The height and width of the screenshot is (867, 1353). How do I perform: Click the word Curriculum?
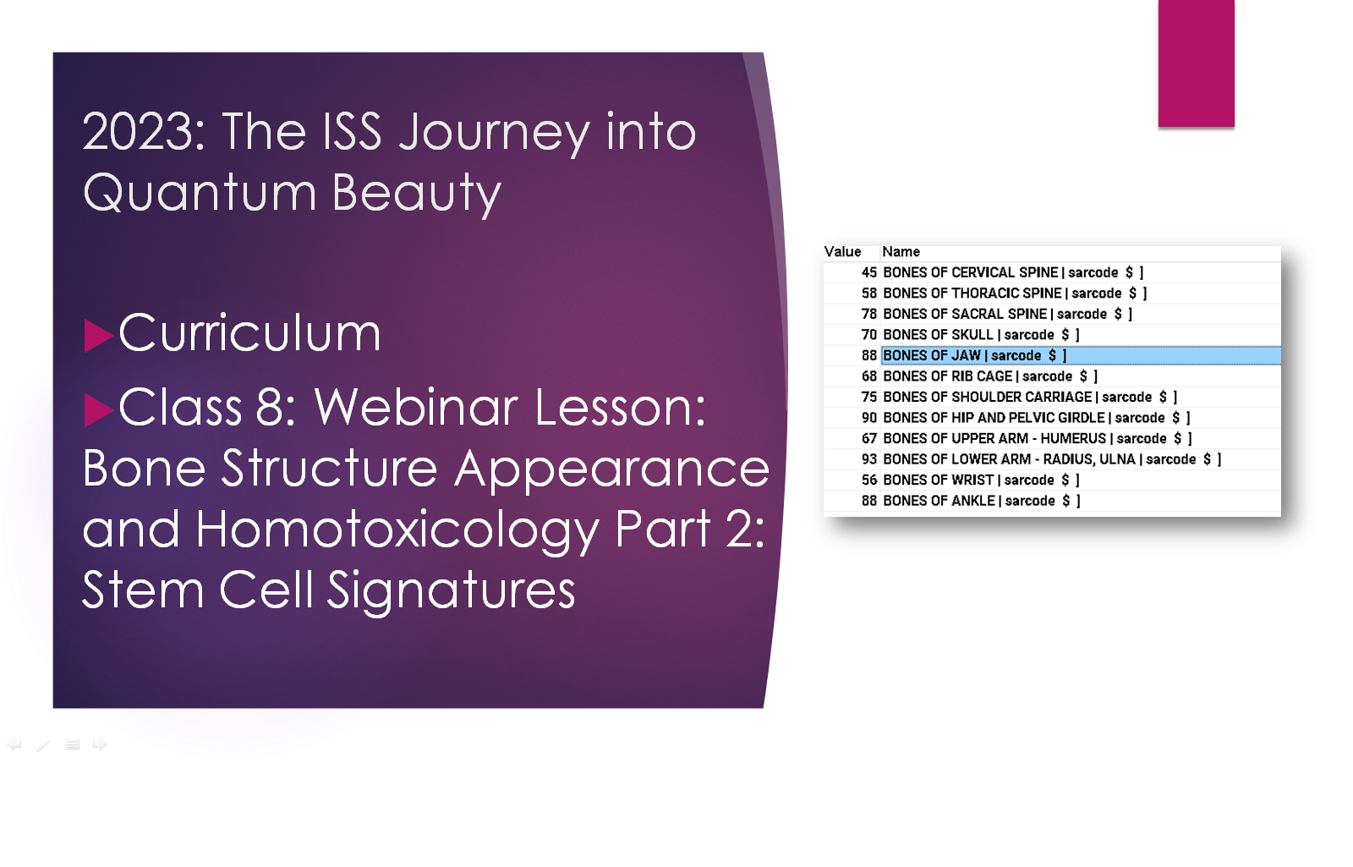[x=249, y=333]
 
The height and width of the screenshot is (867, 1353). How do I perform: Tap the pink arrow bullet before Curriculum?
[x=98, y=335]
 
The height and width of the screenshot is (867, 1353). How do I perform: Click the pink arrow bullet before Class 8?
[x=98, y=409]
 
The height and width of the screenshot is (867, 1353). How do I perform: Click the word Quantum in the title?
[x=200, y=193]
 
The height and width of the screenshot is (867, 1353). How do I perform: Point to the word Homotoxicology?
[x=397, y=530]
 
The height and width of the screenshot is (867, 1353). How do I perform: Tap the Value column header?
[x=842, y=252]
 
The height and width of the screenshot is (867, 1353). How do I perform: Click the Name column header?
[x=901, y=252]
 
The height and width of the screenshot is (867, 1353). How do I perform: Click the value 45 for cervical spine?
[x=868, y=272]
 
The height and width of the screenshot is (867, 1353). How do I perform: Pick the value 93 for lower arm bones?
[x=868, y=459]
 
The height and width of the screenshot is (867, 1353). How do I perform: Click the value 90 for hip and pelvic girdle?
[x=868, y=418]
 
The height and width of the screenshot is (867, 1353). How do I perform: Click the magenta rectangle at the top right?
[x=1196, y=63]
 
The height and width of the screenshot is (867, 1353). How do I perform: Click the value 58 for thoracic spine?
[x=868, y=293]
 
